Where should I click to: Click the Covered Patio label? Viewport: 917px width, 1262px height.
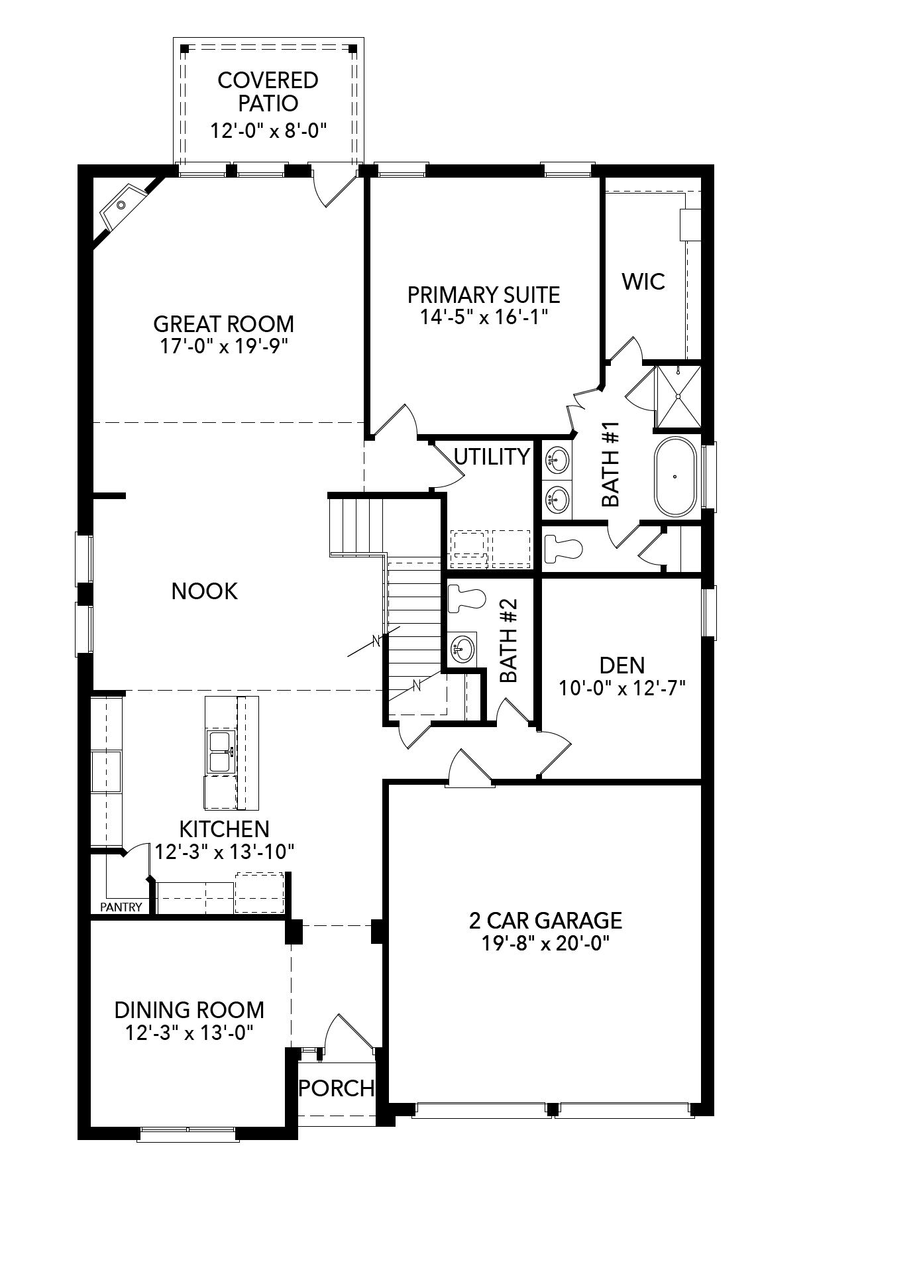[268, 91]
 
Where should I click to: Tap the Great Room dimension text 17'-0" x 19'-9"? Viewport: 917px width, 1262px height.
[224, 347]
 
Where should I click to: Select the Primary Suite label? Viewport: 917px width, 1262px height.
[484, 294]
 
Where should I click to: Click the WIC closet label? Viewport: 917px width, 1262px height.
[643, 281]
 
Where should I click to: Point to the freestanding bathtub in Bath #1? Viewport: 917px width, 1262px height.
[675, 477]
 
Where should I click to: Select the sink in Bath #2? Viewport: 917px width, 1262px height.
[462, 648]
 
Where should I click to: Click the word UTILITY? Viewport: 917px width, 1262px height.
[492, 457]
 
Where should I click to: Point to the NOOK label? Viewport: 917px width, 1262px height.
[204, 591]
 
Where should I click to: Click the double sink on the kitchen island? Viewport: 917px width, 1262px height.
[221, 752]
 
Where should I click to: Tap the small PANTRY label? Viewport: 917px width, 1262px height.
[121, 907]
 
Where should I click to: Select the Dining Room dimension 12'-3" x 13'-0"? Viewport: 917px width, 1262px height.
[189, 1033]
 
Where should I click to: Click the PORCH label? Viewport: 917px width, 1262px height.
[337, 1088]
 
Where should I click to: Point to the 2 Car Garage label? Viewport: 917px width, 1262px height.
[545, 920]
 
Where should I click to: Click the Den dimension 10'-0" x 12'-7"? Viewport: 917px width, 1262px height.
[621, 688]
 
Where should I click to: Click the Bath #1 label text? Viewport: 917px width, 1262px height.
[610, 464]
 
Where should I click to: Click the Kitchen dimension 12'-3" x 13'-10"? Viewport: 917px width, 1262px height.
[224, 851]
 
